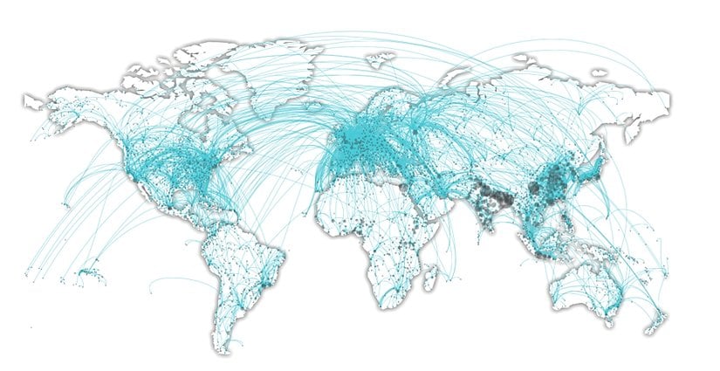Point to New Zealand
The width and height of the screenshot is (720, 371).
click(653, 321)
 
